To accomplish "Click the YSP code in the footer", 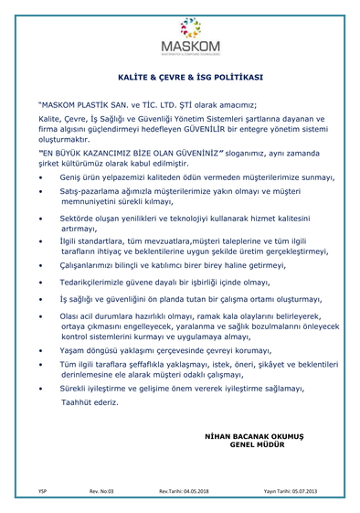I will pyautogui.click(x=42, y=492).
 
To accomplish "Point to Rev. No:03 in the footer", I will pyautogui.click(x=101, y=492).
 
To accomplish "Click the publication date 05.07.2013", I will pyautogui.click(x=302, y=492).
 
